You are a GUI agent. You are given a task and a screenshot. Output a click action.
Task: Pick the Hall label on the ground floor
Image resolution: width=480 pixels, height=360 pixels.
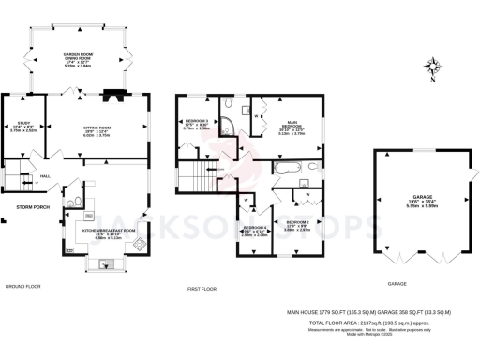coord(44,174)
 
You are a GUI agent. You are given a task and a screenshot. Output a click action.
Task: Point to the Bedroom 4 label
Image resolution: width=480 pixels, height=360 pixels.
coord(254,232)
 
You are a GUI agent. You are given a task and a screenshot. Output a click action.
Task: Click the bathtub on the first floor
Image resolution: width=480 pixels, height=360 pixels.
coord(289,170)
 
